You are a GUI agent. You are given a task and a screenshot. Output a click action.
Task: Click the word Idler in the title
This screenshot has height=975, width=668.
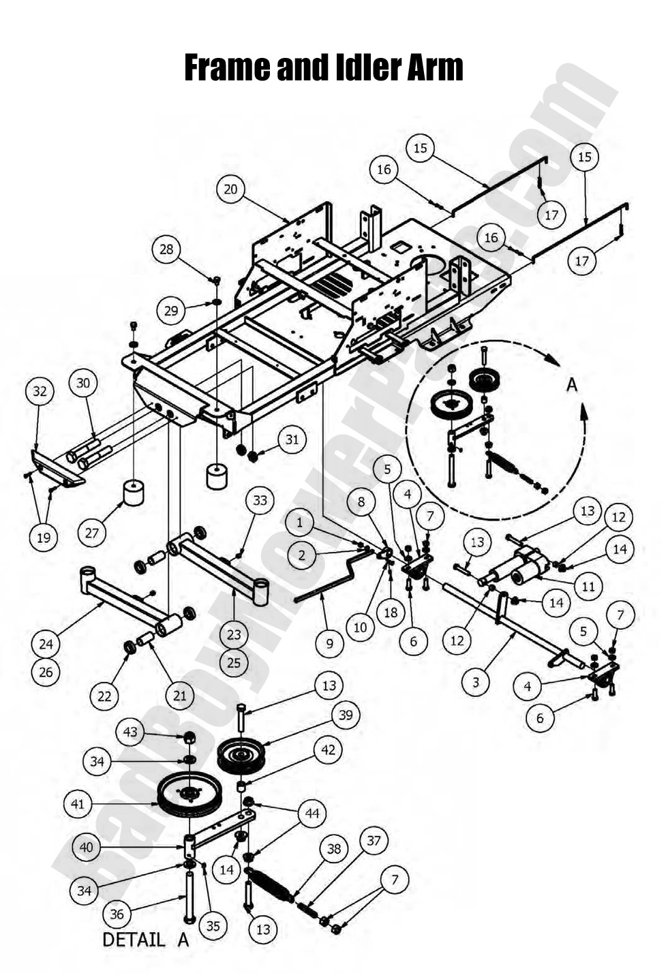(362, 67)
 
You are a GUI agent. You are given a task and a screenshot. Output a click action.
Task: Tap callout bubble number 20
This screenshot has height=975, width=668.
(231, 189)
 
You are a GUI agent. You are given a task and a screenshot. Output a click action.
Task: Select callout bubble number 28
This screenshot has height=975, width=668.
(167, 249)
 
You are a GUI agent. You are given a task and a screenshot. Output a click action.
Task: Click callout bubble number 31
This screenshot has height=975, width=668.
(292, 439)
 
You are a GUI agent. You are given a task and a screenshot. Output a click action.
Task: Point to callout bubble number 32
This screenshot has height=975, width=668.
(40, 391)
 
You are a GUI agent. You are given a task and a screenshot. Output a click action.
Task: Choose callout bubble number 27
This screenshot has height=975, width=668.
(92, 533)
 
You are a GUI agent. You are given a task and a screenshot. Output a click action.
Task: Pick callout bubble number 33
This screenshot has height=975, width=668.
(260, 501)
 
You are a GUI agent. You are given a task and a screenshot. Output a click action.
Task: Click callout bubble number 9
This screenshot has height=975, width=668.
(330, 643)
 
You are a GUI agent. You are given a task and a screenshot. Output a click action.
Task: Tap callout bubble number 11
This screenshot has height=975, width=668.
(588, 586)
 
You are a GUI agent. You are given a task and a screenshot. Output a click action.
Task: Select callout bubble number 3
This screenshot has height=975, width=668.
(476, 681)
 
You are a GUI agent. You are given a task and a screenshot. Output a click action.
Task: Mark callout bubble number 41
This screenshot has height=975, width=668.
(78, 804)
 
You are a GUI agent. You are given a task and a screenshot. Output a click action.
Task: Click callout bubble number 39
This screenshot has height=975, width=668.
(346, 715)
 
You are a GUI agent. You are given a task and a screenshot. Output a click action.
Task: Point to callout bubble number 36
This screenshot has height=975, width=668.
(117, 913)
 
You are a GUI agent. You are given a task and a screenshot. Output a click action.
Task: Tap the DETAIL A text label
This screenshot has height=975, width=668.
(145, 940)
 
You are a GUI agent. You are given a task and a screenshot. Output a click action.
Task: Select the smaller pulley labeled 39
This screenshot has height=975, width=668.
(242, 755)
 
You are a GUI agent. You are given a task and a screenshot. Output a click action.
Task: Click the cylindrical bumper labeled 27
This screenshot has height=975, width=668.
(133, 492)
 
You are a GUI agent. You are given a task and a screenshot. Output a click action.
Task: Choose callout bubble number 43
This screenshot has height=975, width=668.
(130, 732)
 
